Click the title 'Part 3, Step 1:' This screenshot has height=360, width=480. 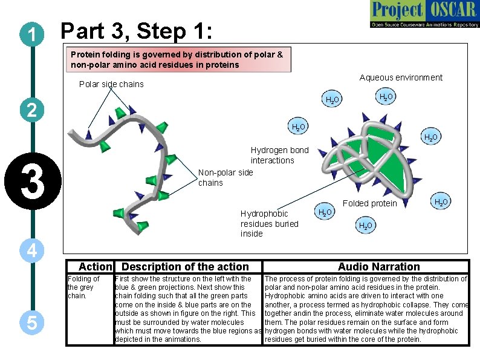tap(137, 30)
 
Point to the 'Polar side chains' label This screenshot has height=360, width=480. tap(111, 84)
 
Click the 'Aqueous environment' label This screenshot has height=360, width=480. tap(401, 77)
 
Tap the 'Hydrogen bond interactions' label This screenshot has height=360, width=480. tap(279, 155)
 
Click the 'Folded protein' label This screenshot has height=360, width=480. tap(369, 203)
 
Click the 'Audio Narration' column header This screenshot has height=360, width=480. tap(378, 267)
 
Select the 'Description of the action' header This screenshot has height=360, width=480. tap(185, 267)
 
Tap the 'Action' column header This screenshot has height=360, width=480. tap(96, 267)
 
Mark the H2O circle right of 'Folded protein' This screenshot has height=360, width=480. tap(441, 201)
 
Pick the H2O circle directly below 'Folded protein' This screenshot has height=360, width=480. tap(365, 226)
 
